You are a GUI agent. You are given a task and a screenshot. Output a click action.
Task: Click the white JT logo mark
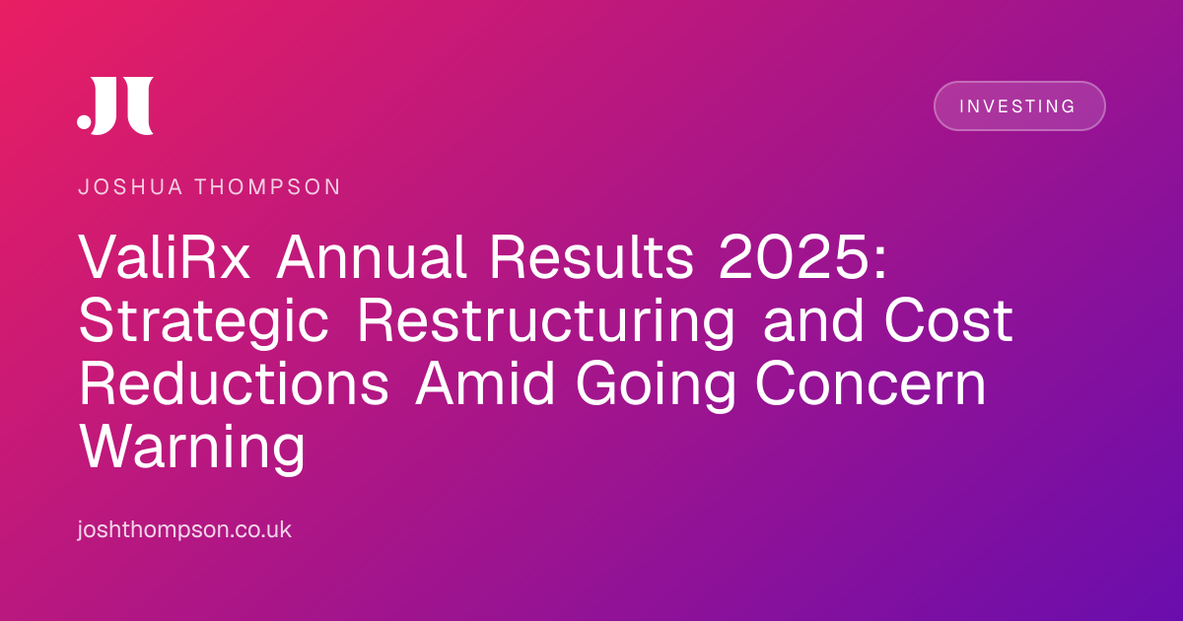coord(115,105)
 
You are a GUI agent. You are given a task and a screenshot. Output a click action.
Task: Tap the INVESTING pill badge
coord(1019,105)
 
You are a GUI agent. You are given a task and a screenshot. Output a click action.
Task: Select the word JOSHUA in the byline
coord(130,187)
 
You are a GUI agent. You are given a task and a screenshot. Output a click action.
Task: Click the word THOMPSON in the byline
coord(268,187)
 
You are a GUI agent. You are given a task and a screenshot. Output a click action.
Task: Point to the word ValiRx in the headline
coord(165,257)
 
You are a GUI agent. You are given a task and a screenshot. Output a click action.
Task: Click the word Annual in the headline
coord(371,257)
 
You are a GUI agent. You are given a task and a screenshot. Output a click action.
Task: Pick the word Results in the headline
coord(591,257)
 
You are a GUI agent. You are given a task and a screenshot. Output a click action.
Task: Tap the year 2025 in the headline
coord(793,257)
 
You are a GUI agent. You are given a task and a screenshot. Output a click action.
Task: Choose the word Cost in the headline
coord(948,320)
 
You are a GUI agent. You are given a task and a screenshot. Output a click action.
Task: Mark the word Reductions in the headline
coord(234,382)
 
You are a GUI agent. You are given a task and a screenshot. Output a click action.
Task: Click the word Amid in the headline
coord(484,382)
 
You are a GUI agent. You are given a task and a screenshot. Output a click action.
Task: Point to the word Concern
coord(870,382)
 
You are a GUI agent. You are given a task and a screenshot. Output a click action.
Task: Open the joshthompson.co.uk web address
coord(184,529)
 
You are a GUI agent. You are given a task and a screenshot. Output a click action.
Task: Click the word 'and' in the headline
coord(813,320)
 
